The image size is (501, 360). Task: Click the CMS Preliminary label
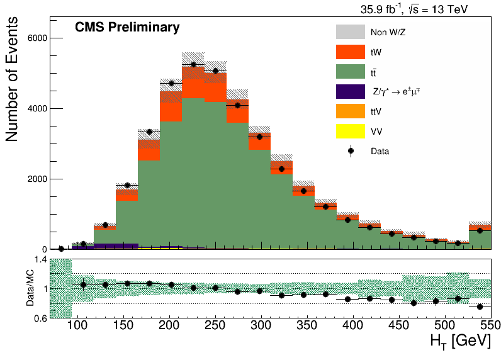tap(127, 28)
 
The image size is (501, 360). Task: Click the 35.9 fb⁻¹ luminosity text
tap(381, 9)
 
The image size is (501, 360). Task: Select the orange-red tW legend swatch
tap(350, 52)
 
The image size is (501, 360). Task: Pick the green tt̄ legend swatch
tap(350, 72)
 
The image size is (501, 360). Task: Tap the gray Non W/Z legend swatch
tap(350, 32)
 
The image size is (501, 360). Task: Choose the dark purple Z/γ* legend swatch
tap(350, 91)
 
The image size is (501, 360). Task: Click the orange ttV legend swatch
tap(350, 111)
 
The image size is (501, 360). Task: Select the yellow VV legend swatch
tap(350, 131)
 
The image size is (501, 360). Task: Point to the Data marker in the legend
tap(351, 151)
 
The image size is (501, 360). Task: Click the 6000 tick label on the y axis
tap(37, 38)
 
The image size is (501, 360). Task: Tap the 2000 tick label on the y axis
tap(37, 179)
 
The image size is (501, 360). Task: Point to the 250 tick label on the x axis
tap(215, 325)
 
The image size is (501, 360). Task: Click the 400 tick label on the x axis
tap(353, 325)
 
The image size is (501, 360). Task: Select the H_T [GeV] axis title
tap(461, 341)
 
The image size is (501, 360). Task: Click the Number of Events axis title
tap(11, 79)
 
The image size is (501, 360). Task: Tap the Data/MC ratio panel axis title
tap(30, 288)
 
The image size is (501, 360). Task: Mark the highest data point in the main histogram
tap(193, 65)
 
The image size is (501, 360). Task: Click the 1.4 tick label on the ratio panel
tap(40, 259)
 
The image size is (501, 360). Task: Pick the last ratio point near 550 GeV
tap(480, 307)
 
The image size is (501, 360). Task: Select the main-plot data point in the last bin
tap(480, 230)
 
